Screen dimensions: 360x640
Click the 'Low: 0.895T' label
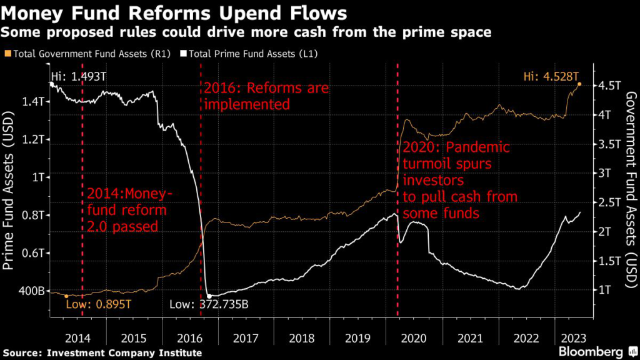pyautogui.click(x=100, y=304)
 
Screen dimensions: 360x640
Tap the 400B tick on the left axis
pyautogui.click(x=30, y=291)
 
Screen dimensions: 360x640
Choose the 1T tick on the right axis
pyautogui.click(x=601, y=289)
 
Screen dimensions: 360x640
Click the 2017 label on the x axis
pyautogui.click(x=246, y=338)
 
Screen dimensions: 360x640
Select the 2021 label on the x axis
pyautogui.click(x=471, y=338)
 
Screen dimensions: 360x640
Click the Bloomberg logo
pyautogui.click(x=590, y=351)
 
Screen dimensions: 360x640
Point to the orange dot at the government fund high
pyautogui.click(x=579, y=84)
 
